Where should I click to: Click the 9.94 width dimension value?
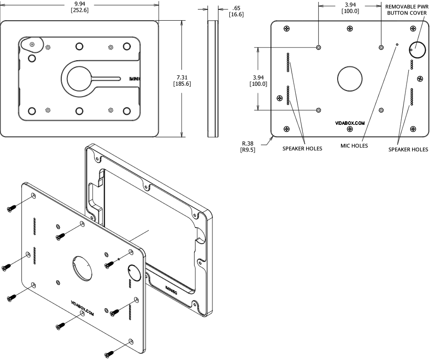80,4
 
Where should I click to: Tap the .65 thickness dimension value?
236,8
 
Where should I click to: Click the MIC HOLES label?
354,146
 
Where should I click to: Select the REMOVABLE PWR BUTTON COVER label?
406,9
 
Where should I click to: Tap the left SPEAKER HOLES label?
302,148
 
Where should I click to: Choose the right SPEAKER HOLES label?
408,149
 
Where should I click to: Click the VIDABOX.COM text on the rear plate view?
350,123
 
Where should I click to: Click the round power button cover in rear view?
417,49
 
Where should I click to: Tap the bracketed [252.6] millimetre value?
80,11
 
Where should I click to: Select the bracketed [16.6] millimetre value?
236,15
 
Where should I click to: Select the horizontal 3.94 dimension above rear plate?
349,4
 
